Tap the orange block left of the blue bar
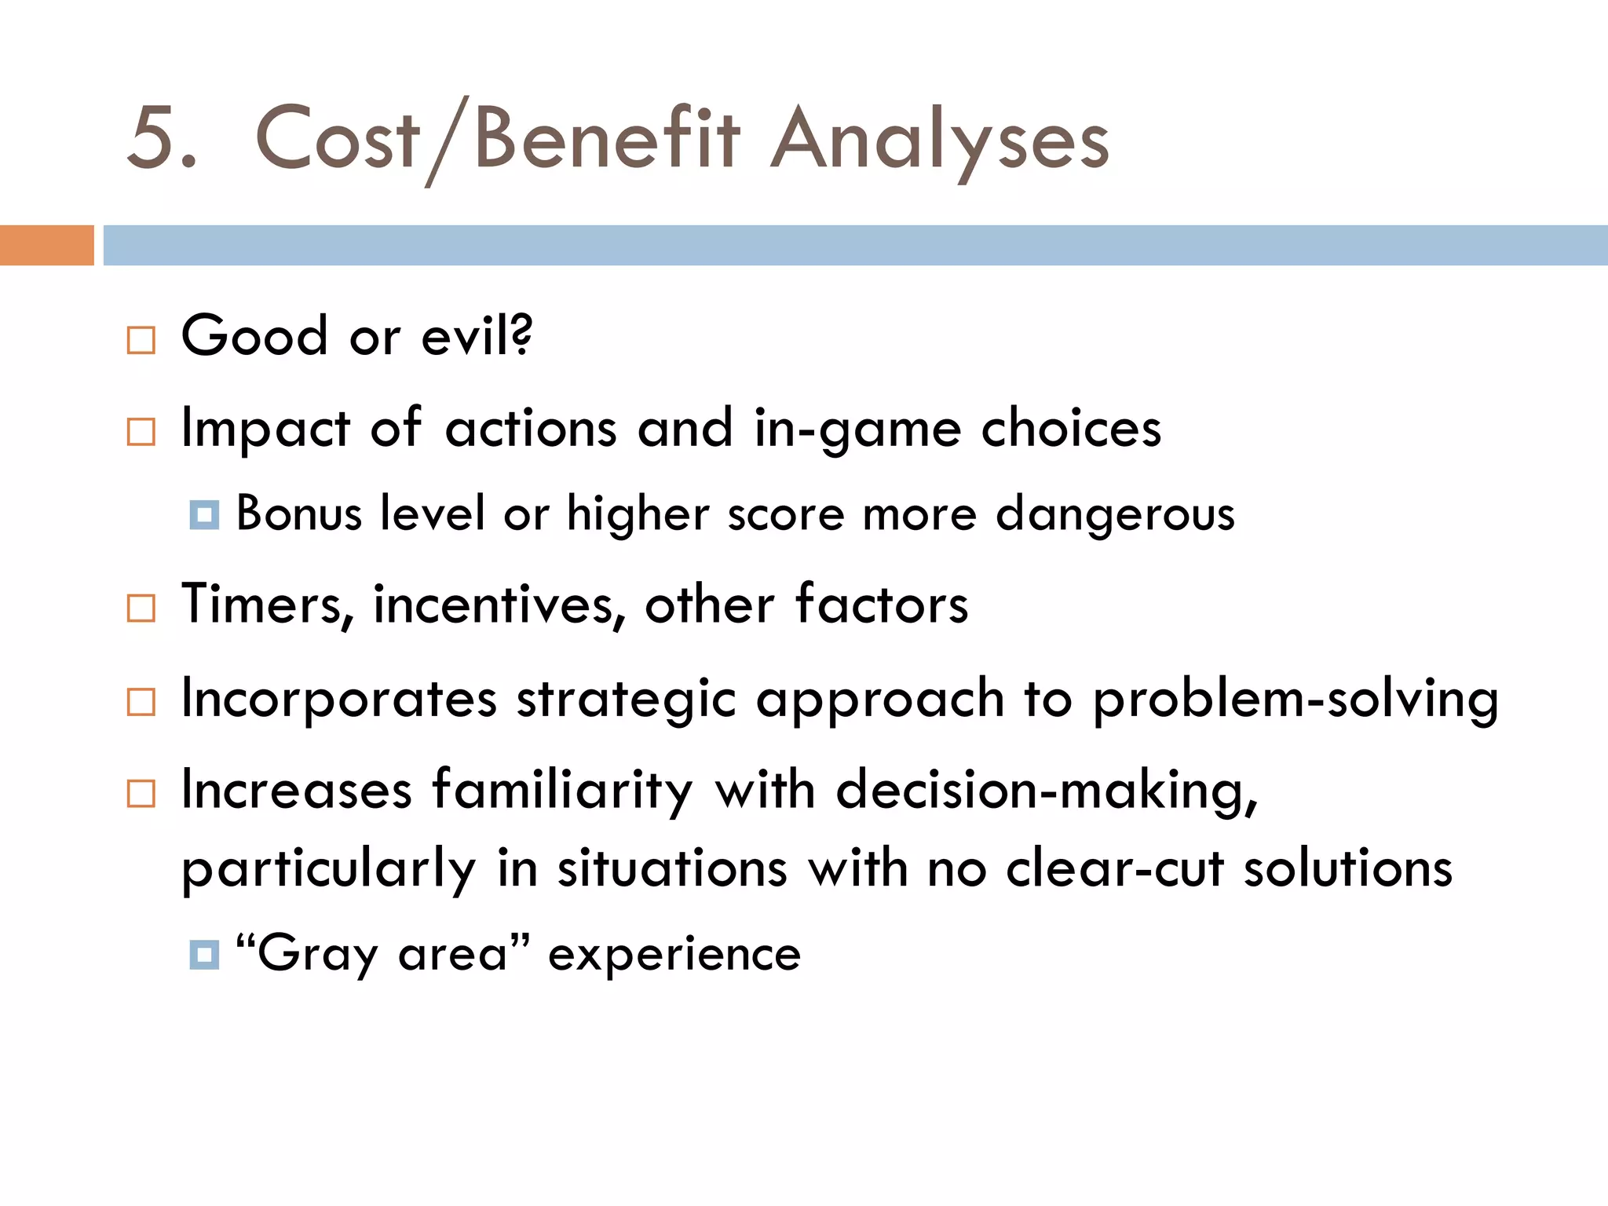click(46, 245)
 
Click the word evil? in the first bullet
click(477, 336)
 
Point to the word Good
click(254, 336)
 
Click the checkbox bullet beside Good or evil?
click(141, 341)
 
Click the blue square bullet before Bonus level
click(204, 515)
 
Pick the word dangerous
click(1115, 515)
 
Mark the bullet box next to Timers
click(141, 608)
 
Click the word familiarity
click(562, 790)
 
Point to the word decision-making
click(1047, 790)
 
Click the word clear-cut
click(1115, 868)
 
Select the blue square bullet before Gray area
click(204, 955)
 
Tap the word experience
click(674, 955)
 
